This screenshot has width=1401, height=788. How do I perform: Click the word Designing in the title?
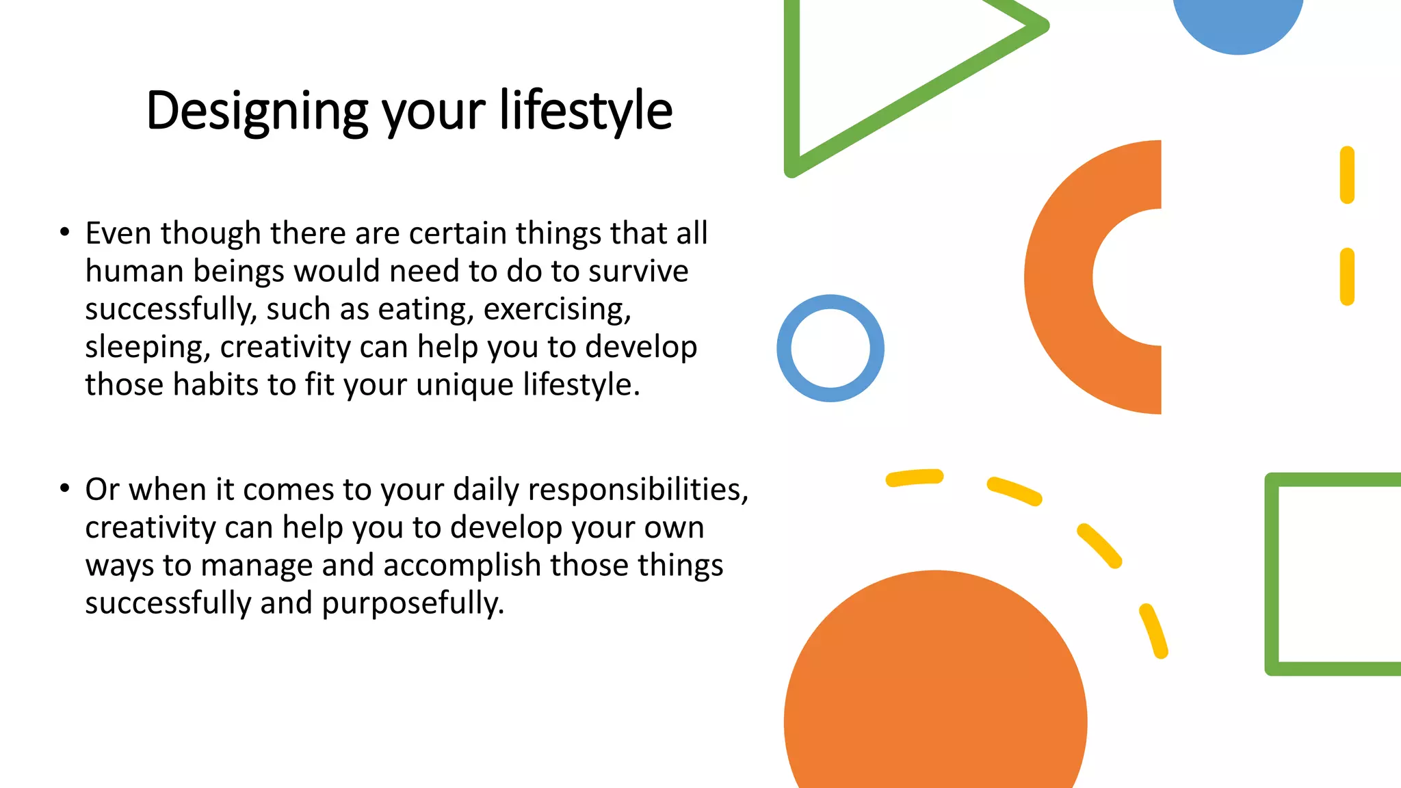(257, 111)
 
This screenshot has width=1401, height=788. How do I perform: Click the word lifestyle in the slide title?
(586, 111)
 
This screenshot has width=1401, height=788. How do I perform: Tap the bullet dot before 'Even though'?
(64, 233)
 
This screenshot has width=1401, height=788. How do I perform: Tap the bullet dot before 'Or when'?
(64, 488)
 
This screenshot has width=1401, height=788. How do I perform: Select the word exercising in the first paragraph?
(557, 309)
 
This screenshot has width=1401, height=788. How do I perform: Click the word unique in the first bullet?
(464, 385)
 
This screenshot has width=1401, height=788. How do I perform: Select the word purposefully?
(413, 603)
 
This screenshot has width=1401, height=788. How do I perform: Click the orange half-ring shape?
(1059, 277)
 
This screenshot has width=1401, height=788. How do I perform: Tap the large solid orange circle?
(935, 691)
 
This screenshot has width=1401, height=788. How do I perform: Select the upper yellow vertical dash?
(1347, 175)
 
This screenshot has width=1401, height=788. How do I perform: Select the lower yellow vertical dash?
(1347, 276)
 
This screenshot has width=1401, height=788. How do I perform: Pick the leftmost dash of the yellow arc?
(915, 477)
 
